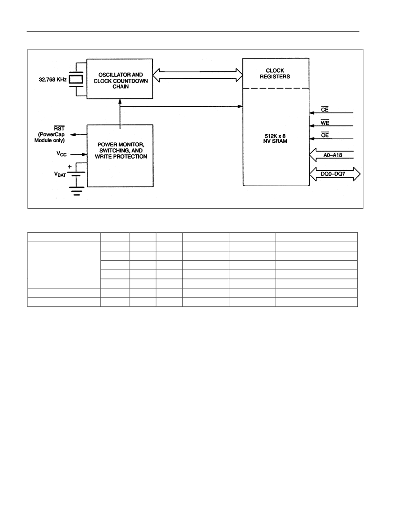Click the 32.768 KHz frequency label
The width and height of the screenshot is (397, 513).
coord(53,79)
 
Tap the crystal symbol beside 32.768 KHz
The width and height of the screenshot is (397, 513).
coord(76,79)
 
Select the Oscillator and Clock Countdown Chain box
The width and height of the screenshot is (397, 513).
coord(120,78)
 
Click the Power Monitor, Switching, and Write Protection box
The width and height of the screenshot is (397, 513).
coord(120,156)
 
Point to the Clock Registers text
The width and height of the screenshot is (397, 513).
coord(275,74)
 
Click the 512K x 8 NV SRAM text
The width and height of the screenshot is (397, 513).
coord(276,139)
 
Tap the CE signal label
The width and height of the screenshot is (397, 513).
coord(325,109)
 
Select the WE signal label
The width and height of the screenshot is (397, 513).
coord(325,123)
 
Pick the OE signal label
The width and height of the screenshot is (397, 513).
coord(325,135)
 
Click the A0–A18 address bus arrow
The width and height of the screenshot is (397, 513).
coord(331,155)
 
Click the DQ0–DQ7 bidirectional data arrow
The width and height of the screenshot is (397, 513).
coord(335,174)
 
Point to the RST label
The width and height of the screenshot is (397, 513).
coord(59,128)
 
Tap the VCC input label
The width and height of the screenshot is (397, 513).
coord(62,154)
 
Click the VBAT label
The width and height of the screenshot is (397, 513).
coord(60,174)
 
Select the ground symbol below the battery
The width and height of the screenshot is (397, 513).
coord(77,191)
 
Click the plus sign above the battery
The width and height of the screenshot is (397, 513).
coord(70,166)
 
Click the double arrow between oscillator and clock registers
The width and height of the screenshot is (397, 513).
coord(198,75)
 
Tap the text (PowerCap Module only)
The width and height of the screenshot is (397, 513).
coord(50,138)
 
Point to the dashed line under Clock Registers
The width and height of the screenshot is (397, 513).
coord(276,88)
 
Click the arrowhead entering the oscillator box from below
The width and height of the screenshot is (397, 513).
coord(120,101)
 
